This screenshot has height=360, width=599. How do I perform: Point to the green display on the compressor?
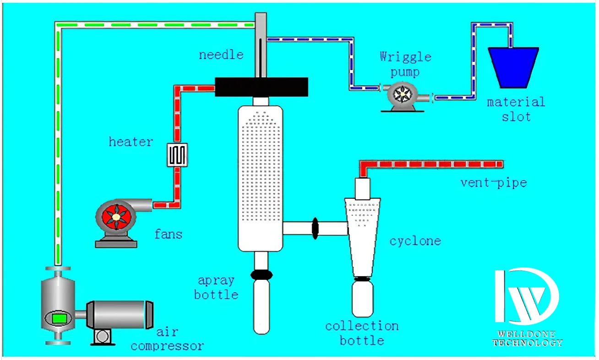point(58,317)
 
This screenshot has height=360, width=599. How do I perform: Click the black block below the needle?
point(261,87)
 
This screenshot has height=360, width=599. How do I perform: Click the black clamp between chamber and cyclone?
point(315,228)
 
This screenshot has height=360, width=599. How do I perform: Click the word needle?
point(221,55)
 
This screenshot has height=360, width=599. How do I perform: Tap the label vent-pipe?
point(493,183)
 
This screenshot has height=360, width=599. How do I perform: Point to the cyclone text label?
point(415,240)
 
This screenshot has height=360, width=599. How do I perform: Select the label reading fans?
point(168,235)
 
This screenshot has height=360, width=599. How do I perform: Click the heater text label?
point(131,142)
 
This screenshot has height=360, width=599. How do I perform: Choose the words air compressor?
point(167,339)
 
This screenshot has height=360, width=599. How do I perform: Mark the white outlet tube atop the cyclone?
point(362,188)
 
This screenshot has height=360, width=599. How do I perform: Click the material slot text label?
point(516,109)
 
